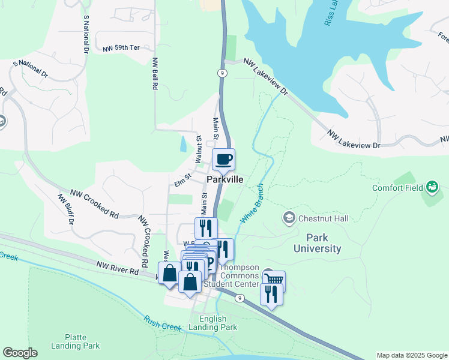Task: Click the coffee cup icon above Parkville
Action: pos(223,160)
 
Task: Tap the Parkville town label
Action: pos(225,179)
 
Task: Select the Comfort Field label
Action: pos(397,187)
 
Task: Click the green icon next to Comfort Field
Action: pos(432,188)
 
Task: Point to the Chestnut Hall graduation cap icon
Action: pos(289,217)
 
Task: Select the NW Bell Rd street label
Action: pos(154,74)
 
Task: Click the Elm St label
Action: pos(182,177)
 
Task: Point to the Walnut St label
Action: pos(197,149)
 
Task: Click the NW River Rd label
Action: pos(118,267)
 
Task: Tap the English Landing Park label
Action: pos(213,323)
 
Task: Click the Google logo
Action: pos(20,353)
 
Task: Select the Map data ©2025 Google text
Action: pos(412,355)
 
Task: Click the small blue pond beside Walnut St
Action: pos(182,144)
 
